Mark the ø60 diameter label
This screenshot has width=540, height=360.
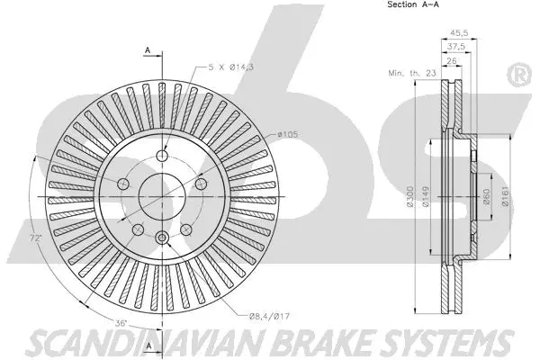point(485,198)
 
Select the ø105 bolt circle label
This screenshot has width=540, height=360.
point(288,134)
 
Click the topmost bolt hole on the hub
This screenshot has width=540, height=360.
point(163,156)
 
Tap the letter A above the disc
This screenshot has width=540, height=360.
point(146,51)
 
